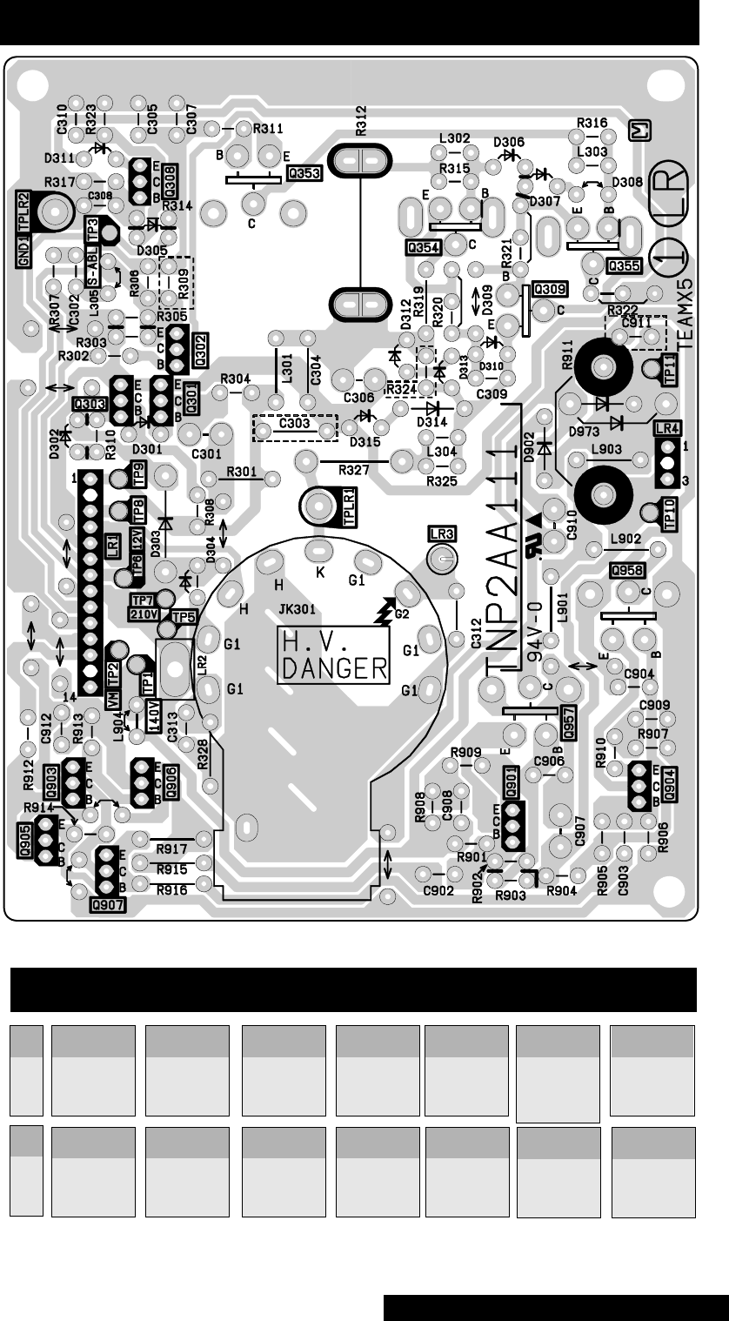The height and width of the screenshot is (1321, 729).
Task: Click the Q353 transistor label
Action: (x=304, y=173)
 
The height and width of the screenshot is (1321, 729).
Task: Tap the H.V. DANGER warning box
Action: (x=334, y=655)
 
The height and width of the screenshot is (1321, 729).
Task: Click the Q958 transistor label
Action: (x=628, y=570)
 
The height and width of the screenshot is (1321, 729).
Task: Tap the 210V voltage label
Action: (x=143, y=614)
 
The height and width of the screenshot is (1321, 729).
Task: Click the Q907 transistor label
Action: (x=108, y=903)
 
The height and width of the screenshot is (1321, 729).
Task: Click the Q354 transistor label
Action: (x=423, y=248)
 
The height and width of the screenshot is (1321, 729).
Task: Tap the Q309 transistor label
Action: (x=549, y=288)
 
